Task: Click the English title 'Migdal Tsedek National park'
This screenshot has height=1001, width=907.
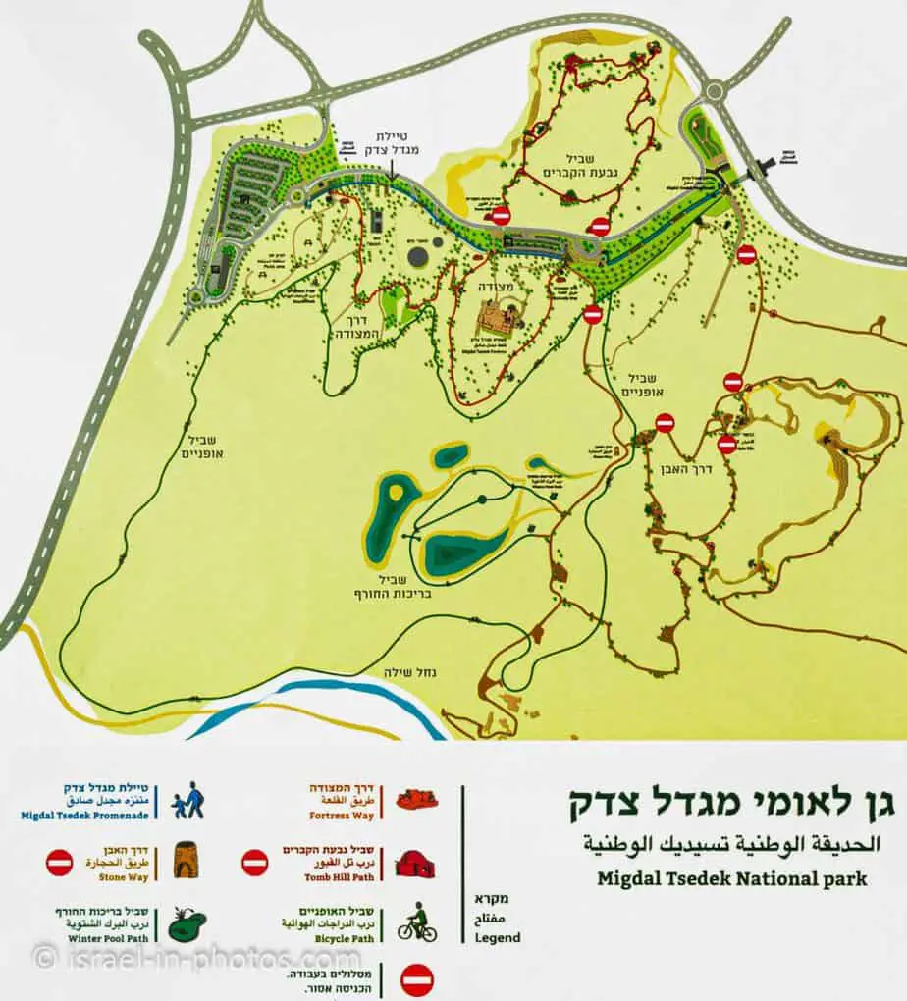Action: pos(732,877)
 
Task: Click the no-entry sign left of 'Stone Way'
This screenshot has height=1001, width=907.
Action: pos(60,863)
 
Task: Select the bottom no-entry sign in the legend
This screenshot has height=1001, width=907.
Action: pos(417,978)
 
